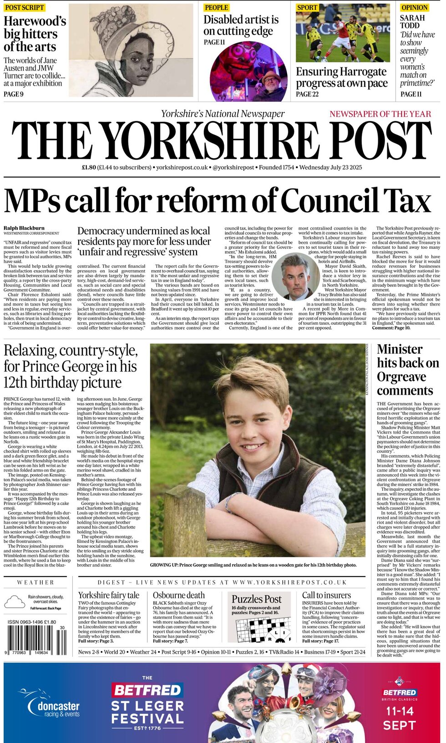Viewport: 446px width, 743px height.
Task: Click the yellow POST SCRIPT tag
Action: click(x=24, y=7)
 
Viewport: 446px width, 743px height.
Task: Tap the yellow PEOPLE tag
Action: click(x=216, y=7)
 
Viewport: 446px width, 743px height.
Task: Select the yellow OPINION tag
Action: click(x=414, y=7)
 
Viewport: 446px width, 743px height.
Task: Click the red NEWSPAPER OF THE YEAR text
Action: click(x=380, y=114)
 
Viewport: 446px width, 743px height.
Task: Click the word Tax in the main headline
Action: click(x=407, y=200)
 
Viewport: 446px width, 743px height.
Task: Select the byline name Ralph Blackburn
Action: click(x=24, y=228)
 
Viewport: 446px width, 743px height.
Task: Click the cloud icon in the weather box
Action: click(x=14, y=602)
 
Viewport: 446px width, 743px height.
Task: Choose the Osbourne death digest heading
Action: click(x=178, y=595)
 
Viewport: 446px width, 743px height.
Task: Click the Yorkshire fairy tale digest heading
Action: click(x=108, y=595)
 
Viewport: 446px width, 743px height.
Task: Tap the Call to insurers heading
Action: click(x=326, y=595)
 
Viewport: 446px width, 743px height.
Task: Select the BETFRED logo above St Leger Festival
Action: click(x=147, y=690)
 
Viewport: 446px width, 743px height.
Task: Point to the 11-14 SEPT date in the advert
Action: click(x=400, y=718)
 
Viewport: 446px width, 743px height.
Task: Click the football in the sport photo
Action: click(x=324, y=59)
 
